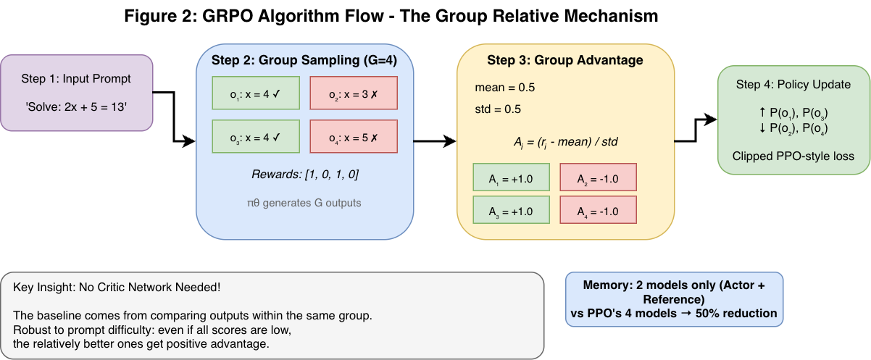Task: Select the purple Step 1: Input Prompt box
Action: [76, 93]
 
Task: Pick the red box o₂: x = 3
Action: [353, 93]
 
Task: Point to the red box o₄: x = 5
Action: [353, 135]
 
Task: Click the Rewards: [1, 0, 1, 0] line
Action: [304, 175]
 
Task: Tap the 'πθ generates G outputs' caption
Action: [304, 203]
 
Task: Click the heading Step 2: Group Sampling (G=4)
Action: [304, 59]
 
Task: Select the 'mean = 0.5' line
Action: [504, 88]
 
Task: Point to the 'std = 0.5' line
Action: [499, 109]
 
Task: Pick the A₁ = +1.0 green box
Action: [510, 177]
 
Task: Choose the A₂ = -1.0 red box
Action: [598, 177]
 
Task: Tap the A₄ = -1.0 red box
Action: [598, 211]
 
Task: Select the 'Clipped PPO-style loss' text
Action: [793, 156]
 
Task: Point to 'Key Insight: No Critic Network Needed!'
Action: [117, 288]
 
